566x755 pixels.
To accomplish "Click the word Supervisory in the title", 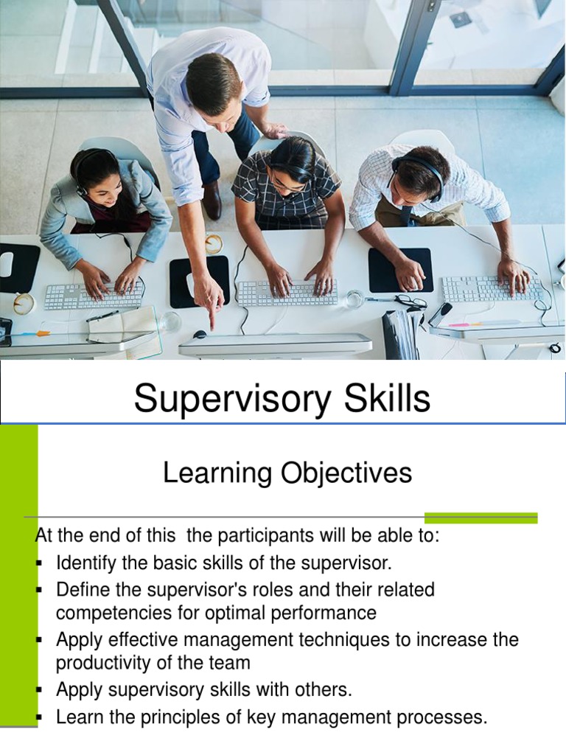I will (220, 400).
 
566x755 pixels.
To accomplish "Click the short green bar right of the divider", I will (481, 518).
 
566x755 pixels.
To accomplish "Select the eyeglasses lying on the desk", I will (410, 301).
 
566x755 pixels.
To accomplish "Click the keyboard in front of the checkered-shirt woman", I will (286, 293).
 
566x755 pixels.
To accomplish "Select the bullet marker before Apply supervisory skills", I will (39, 690).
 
